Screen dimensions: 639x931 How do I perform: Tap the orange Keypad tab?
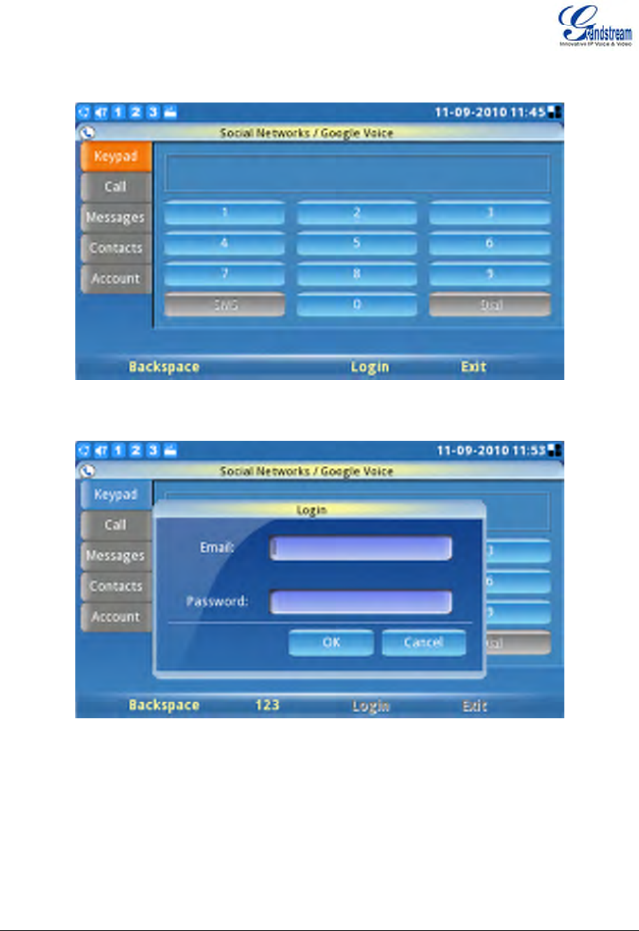(116, 157)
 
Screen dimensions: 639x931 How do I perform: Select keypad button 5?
(356, 243)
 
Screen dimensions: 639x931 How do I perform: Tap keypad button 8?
(356, 274)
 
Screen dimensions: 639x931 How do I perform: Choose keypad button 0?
(356, 305)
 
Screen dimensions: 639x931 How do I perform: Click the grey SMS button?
(225, 305)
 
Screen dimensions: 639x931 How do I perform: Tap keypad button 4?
(225, 243)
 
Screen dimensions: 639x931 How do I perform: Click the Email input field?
(361, 548)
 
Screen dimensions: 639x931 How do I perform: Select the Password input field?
(361, 602)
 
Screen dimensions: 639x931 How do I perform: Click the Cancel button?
(423, 642)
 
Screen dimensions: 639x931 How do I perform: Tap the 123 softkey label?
(267, 705)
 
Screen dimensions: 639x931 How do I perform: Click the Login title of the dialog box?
(311, 510)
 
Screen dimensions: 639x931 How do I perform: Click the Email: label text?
(217, 547)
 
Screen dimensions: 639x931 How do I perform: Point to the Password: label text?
(217, 601)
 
